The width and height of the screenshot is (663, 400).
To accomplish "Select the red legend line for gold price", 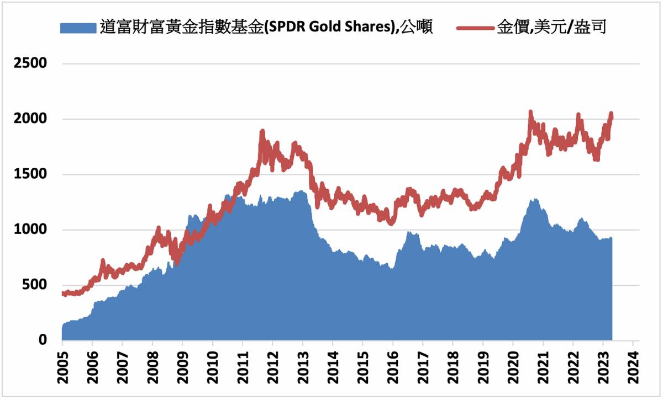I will pos(475,28).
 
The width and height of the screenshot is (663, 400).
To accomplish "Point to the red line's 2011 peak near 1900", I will pos(262,131).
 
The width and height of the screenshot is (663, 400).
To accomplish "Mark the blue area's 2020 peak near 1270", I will pos(534,200).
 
